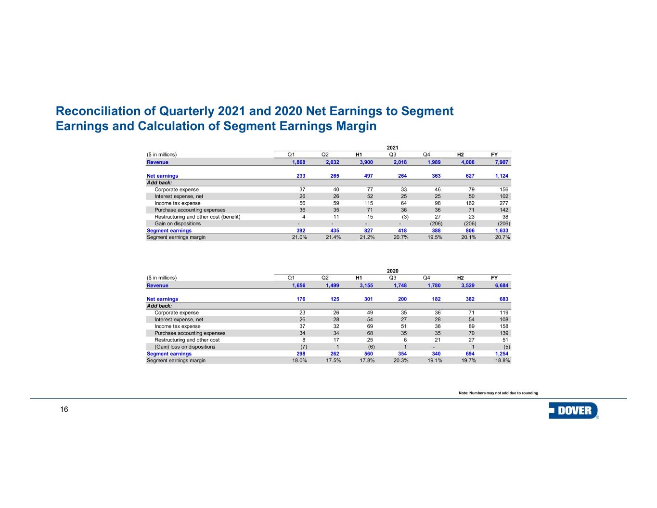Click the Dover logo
[573, 411]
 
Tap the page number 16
[64, 410]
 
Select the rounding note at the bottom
[498, 393]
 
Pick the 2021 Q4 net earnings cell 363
[435, 176]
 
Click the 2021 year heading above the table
[393, 147]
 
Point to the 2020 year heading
[393, 271]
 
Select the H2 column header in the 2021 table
[460, 155]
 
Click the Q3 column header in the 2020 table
[393, 278]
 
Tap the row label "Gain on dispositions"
[178, 223]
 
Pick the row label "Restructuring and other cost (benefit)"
[197, 217]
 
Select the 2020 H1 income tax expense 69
[370, 326]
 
